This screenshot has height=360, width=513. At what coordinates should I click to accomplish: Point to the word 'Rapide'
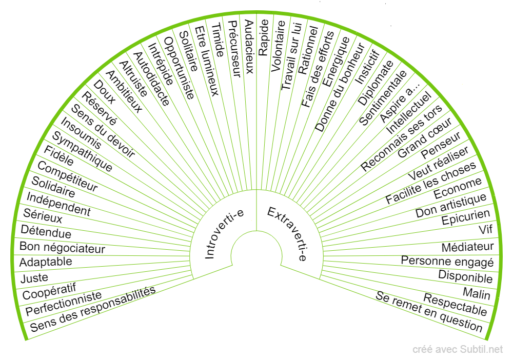click(264, 37)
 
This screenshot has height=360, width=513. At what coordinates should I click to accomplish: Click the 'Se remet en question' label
click(429, 311)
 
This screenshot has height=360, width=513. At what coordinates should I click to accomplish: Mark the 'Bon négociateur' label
click(62, 247)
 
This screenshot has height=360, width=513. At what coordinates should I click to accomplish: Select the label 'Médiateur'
click(467, 247)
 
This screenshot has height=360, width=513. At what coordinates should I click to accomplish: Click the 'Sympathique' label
click(83, 152)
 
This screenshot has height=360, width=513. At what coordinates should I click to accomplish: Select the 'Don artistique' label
click(451, 205)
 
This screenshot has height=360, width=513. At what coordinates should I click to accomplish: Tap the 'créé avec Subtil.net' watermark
click(458, 350)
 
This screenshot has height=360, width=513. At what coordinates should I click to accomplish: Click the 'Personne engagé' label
click(447, 261)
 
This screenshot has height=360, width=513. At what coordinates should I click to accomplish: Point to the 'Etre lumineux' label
click(207, 59)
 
